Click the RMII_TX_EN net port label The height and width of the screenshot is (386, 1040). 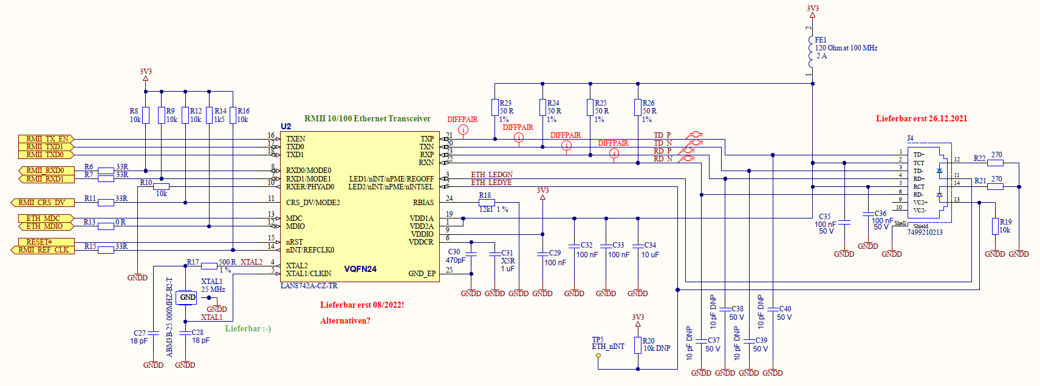[x=46, y=139]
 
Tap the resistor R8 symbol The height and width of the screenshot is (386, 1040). [x=146, y=115]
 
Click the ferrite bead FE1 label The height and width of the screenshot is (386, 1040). [x=821, y=40]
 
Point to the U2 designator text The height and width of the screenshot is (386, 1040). [x=286, y=126]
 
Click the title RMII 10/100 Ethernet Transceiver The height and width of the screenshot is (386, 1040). [x=367, y=119]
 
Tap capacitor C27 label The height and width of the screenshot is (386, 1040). [x=140, y=333]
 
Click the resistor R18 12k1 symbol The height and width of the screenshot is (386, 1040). [x=487, y=203]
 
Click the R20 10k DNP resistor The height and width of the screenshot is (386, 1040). [x=638, y=345]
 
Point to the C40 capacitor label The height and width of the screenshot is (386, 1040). [x=785, y=309]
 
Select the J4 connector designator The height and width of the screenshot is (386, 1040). [x=910, y=138]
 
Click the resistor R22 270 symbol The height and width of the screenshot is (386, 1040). [x=995, y=163]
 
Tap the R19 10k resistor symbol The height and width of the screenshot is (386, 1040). [x=995, y=226]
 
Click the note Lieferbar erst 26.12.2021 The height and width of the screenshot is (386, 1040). [x=921, y=119]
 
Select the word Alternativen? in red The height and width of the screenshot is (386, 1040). [x=345, y=320]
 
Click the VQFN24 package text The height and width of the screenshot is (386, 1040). [x=360, y=269]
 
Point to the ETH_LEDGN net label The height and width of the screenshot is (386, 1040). [x=491, y=175]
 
